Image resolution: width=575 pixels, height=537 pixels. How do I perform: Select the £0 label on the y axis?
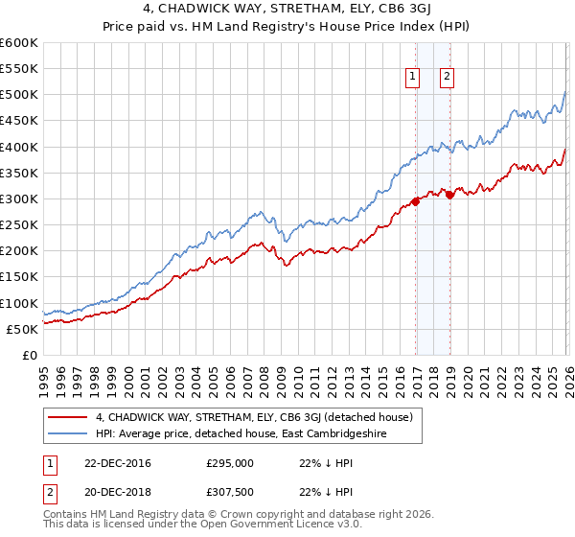[29, 355]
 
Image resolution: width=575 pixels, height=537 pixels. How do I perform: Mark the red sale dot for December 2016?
[415, 201]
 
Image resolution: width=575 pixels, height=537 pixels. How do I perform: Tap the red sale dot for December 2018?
[449, 196]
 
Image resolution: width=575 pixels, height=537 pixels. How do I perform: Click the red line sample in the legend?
[68, 417]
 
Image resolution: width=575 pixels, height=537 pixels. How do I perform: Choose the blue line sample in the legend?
[68, 434]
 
